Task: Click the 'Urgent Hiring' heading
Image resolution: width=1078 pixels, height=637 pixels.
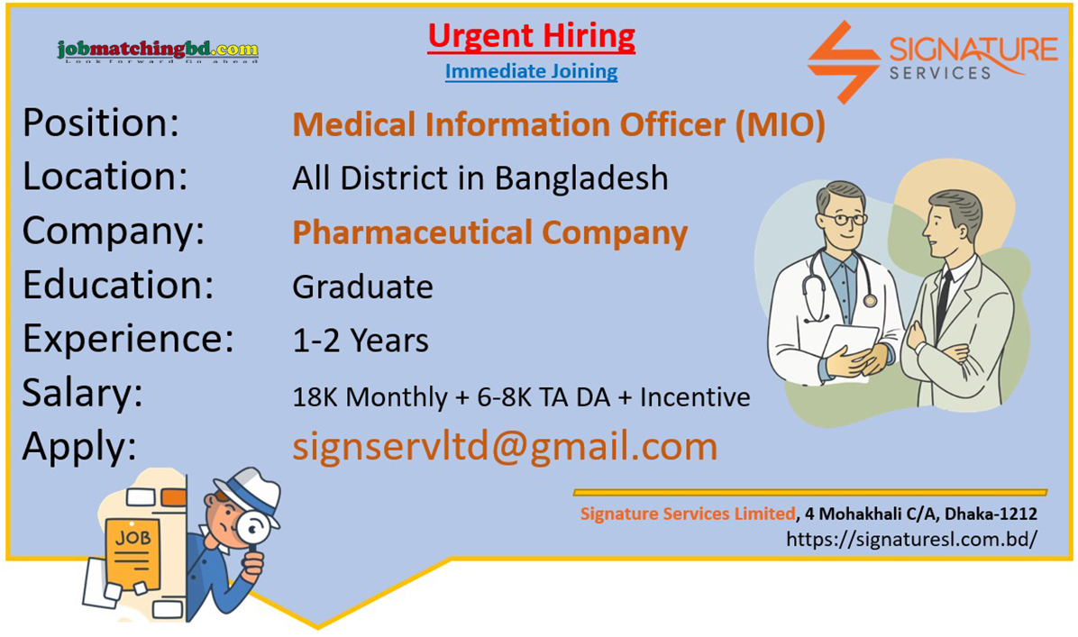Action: coord(531,37)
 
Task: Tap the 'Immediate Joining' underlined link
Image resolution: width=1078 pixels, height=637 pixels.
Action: coord(531,71)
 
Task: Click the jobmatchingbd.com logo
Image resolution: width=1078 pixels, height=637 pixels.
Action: coord(158,50)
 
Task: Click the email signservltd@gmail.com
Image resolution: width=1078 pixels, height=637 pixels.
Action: coord(505,447)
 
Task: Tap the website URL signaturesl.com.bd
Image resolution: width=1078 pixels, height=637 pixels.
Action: coord(911,539)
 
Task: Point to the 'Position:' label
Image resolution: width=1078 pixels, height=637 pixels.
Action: coord(101,123)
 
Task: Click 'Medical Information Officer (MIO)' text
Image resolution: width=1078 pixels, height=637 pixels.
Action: coord(559,125)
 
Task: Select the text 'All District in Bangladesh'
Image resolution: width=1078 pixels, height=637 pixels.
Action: coord(480,178)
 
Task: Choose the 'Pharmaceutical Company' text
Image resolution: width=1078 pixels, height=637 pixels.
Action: coord(489,233)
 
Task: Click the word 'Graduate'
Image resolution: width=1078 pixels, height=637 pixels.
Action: coord(362,287)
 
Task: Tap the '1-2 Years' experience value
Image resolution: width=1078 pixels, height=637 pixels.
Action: coord(361,341)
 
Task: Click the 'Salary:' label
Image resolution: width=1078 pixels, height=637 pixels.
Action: coord(83,394)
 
